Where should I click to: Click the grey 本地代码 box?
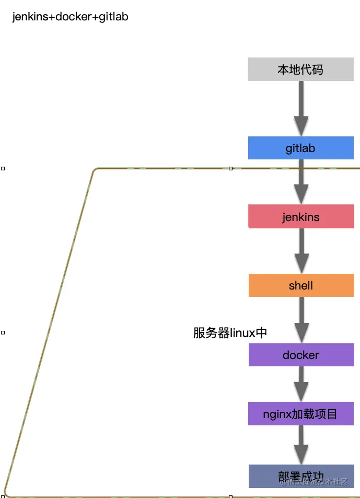300,70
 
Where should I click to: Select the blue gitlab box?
300,148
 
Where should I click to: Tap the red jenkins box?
300,217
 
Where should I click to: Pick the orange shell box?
300,285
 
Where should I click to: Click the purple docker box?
300,355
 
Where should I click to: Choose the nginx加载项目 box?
300,414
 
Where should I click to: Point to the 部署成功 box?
300,476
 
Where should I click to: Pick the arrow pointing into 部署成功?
301,445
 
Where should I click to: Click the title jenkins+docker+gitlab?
70,17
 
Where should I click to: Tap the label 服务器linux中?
230,333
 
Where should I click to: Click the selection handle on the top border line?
230,168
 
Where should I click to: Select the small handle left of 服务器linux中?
3,332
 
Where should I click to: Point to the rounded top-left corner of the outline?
95,170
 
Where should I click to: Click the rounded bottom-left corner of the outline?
6,494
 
